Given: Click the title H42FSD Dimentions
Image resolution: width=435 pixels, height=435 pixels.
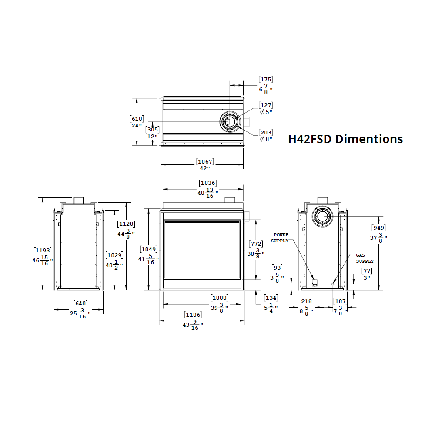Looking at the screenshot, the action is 345,139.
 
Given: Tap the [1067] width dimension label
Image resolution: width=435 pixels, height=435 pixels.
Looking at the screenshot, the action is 205,165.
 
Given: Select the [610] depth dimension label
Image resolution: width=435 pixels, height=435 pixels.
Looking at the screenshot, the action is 137,122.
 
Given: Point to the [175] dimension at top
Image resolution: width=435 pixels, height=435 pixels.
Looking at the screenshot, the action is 266,85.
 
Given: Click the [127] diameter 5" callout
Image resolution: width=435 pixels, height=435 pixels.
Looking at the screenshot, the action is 266,108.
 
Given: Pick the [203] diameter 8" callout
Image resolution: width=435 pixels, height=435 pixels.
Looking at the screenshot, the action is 266,136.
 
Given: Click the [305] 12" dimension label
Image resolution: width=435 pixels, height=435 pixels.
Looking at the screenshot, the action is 152,133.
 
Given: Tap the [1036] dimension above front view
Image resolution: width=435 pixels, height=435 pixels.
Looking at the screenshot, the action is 208,189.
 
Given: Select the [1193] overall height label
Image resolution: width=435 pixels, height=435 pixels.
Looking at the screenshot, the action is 43,257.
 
